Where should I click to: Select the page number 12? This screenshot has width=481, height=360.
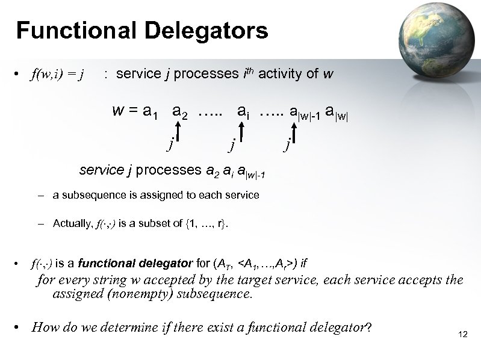(x=463, y=334)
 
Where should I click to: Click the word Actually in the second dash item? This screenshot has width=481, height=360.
(x=72, y=225)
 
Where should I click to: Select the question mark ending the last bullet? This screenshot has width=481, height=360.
(x=369, y=327)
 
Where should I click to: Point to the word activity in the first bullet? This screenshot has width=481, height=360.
(x=279, y=75)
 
